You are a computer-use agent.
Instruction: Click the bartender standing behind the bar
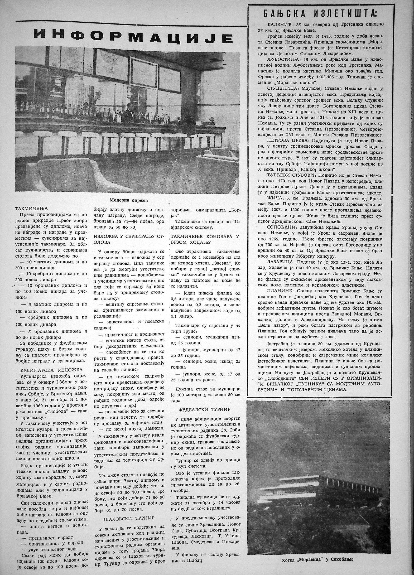tap(129, 113)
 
